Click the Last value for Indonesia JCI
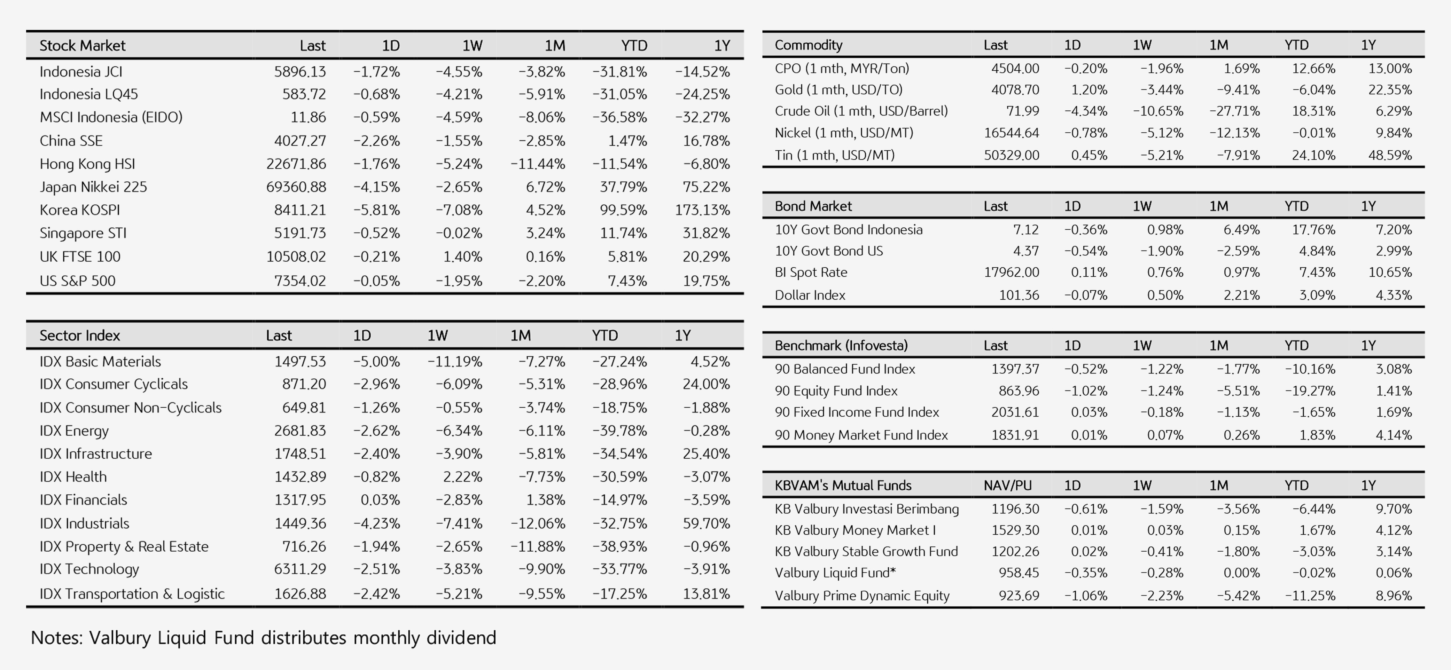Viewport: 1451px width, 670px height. (x=300, y=71)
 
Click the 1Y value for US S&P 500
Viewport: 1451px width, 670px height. (x=707, y=281)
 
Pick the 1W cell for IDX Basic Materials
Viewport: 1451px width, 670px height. (x=454, y=362)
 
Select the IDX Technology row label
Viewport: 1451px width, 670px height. (x=89, y=569)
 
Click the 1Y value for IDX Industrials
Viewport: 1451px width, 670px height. (x=707, y=523)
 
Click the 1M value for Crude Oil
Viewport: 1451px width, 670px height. (x=1234, y=111)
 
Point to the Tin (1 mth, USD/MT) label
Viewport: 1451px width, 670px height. (x=834, y=155)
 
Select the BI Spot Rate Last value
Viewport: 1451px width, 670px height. (x=1011, y=273)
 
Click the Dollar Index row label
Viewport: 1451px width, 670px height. (x=810, y=295)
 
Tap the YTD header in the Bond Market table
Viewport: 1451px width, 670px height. (x=1296, y=206)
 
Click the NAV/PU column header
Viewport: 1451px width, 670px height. (x=1007, y=485)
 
